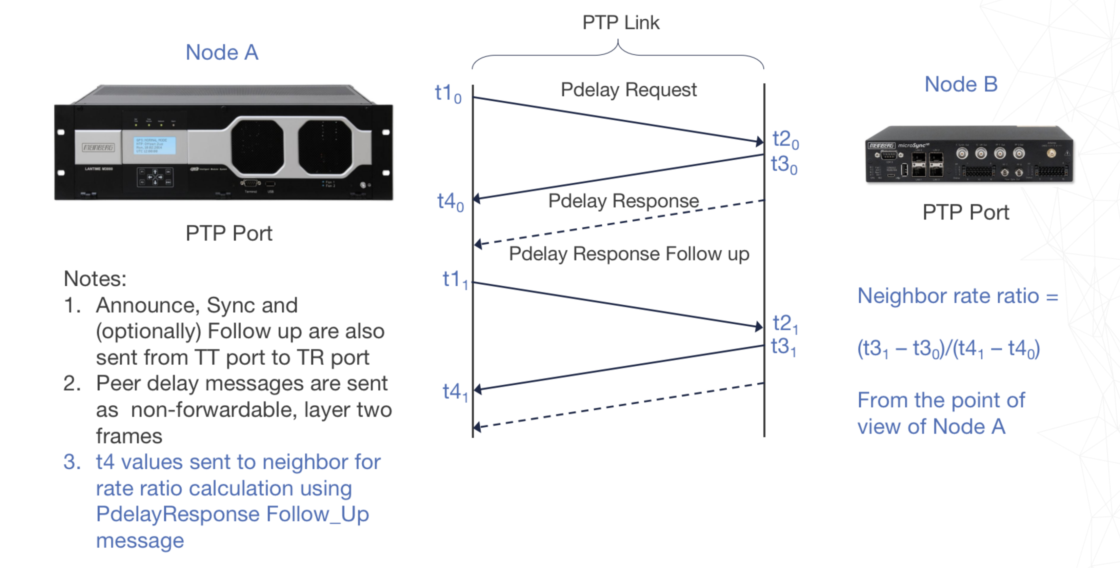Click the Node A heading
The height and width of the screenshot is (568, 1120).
pos(222,53)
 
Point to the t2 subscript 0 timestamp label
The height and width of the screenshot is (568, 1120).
pos(785,140)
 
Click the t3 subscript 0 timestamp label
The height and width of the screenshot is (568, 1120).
pos(784,165)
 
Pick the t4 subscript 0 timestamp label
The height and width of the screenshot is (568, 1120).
pos(450,202)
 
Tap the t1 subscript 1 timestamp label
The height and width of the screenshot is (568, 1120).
pos(454,280)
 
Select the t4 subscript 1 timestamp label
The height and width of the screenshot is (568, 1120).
pos(454,392)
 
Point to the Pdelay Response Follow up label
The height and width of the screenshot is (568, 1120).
pos(629,254)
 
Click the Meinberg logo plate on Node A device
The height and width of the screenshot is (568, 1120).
pos(98,147)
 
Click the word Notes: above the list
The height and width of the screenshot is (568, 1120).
pos(95,279)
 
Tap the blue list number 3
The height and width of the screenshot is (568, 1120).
pos(72,462)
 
